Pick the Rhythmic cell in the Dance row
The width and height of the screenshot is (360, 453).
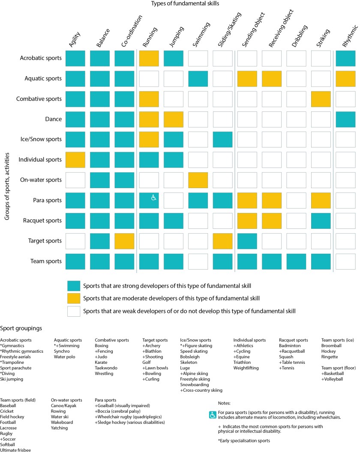pos(346,120)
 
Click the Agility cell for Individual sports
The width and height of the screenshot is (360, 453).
pos(75,160)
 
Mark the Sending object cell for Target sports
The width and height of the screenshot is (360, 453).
pos(247,241)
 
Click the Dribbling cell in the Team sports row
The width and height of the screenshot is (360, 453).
pos(296,261)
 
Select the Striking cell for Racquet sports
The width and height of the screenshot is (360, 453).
pos(321,221)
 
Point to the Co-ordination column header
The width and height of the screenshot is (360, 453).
pos(128,32)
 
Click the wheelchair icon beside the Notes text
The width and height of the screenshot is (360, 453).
pos(212,415)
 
